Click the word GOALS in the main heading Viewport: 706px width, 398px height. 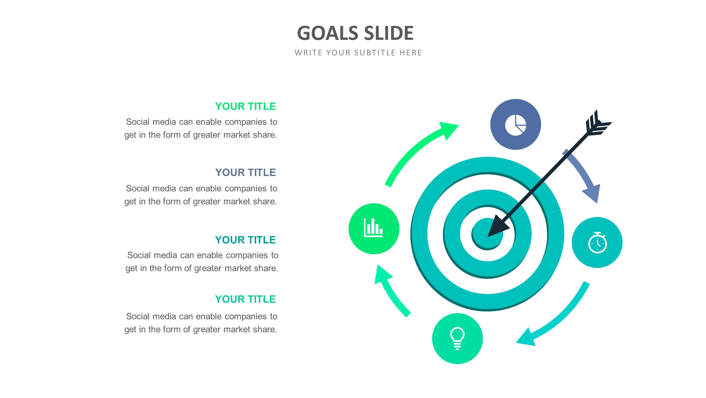327,33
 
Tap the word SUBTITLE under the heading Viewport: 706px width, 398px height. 375,53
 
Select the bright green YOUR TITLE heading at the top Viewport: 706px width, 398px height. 245,106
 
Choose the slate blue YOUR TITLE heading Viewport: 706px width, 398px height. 245,172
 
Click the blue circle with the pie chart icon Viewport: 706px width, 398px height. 515,124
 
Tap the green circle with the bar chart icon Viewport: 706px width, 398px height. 374,229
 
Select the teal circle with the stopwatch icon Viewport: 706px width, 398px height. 597,242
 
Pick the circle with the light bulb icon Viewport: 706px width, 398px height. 457,339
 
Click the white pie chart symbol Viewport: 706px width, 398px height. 515,125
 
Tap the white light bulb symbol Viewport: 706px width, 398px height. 457,339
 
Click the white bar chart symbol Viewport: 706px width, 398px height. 373,228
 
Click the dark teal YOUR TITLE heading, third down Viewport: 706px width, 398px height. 245,240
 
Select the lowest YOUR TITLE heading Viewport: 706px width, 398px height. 245,299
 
